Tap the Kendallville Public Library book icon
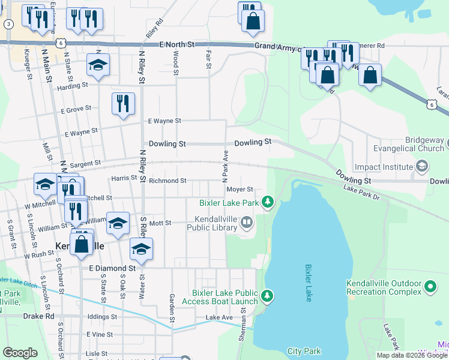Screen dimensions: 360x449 tap(246, 224)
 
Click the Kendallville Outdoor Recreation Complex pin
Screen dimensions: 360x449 tap(430, 287)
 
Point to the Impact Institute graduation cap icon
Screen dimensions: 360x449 tap(422, 166)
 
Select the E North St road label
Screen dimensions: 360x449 tap(178, 45)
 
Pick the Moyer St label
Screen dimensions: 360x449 tap(240, 190)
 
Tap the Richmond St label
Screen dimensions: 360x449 tap(167, 181)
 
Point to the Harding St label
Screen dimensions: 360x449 tap(73, 86)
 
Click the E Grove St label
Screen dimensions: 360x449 tap(76, 110)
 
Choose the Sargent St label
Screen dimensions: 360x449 tap(84, 163)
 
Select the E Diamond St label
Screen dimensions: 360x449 tap(112, 268)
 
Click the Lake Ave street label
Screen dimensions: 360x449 tap(218, 317)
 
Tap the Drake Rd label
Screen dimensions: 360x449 tap(38, 316)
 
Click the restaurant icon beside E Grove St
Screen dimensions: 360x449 tap(122, 103)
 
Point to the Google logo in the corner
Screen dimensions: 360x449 tap(20, 353)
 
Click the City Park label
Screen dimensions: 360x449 tap(304, 352)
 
